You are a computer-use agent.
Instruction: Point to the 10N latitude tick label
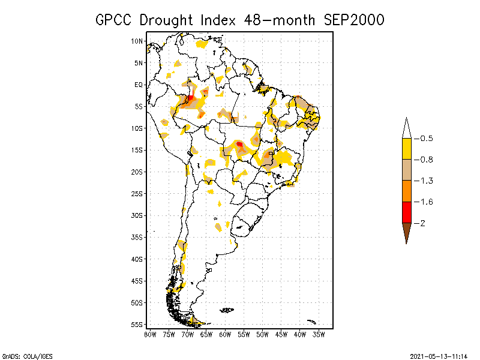coord(137,41)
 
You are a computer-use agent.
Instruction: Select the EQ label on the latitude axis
coord(139,85)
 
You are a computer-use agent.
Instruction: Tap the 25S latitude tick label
coord(137,193)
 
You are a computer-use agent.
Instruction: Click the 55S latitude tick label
coord(137,324)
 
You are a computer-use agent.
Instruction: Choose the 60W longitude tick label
coord(225,334)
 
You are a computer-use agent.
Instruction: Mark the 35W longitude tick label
coord(319,334)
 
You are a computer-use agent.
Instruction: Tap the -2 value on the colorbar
coord(422,223)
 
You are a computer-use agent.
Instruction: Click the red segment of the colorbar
coord(407,212)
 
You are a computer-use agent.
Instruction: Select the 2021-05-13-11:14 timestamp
coord(438,356)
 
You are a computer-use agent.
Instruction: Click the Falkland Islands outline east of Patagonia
coord(227,310)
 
